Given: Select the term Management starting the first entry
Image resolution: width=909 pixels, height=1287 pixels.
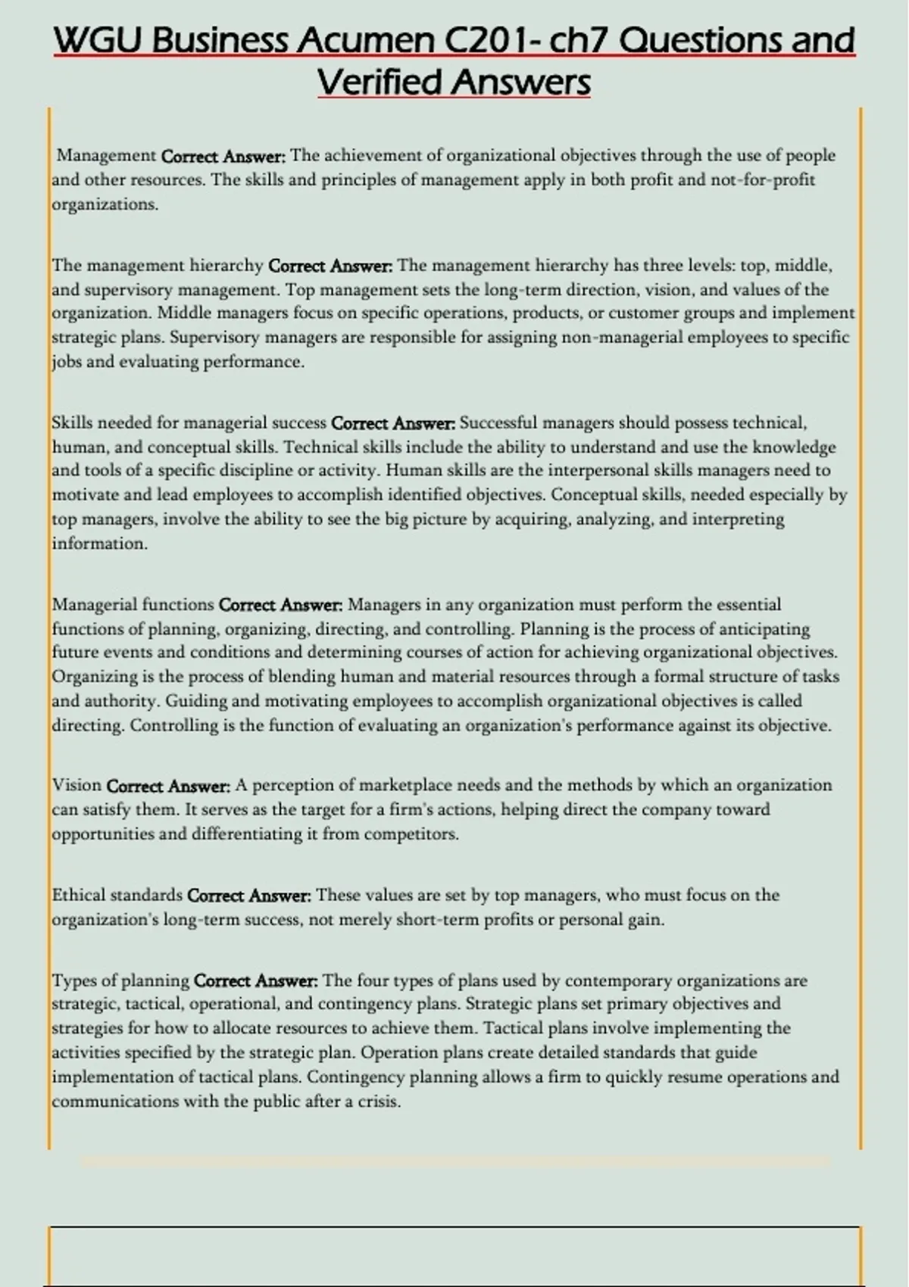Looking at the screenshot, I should click(x=107, y=155).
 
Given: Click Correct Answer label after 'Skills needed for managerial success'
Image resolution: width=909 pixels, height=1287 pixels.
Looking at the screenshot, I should click(x=393, y=422).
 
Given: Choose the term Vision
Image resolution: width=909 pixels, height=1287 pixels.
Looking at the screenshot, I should click(x=77, y=785).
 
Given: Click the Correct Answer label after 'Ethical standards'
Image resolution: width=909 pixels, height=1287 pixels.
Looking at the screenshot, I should click(x=248, y=895).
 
